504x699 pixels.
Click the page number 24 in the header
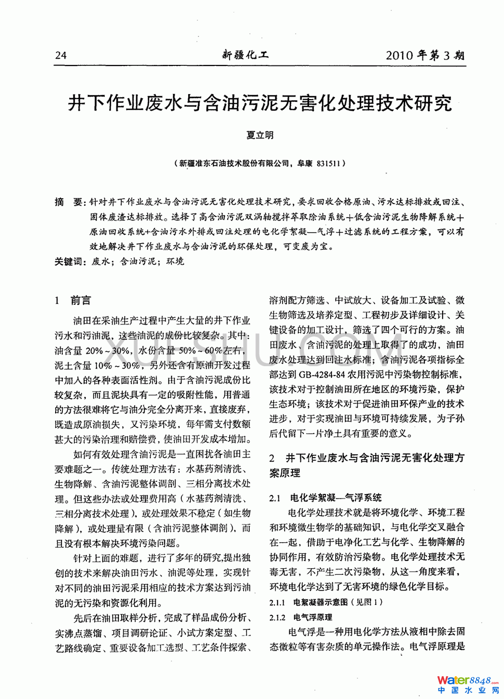[x=61, y=56]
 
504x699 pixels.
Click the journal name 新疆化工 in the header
[x=245, y=55]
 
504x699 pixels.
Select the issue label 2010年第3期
[x=425, y=55]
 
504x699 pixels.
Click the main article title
[x=260, y=103]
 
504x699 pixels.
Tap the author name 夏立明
[x=260, y=135]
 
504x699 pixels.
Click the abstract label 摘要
[x=69, y=202]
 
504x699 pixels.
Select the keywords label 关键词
[x=70, y=262]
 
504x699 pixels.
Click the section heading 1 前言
[x=73, y=300]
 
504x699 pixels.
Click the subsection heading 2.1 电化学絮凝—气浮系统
[x=325, y=498]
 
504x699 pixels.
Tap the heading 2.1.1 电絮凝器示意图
[x=326, y=602]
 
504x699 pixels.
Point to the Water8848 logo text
[x=465, y=680]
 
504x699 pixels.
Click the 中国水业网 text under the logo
[x=467, y=690]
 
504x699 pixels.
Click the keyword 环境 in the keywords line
[x=175, y=262]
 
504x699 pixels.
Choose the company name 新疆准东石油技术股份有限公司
[x=234, y=163]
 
